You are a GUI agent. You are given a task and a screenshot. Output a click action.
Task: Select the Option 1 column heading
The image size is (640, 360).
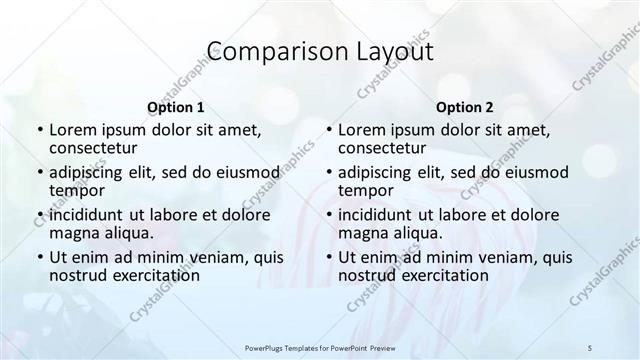pos(176,107)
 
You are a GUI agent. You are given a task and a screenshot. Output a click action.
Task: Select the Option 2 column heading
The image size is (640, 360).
pos(464,107)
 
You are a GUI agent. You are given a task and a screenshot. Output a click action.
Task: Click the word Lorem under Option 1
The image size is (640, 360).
pos(72,130)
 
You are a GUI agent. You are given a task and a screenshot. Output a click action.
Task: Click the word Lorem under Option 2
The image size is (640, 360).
pos(361,130)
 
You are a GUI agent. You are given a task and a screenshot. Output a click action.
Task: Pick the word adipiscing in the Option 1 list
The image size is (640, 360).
pos(91,171)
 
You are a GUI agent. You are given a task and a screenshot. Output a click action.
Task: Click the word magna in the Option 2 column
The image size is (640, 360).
pos(362,233)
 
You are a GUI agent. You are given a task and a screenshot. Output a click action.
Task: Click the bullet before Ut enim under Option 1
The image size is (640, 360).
pos(39,256)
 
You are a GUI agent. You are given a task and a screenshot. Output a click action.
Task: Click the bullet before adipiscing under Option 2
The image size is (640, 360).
pos(328,171)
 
